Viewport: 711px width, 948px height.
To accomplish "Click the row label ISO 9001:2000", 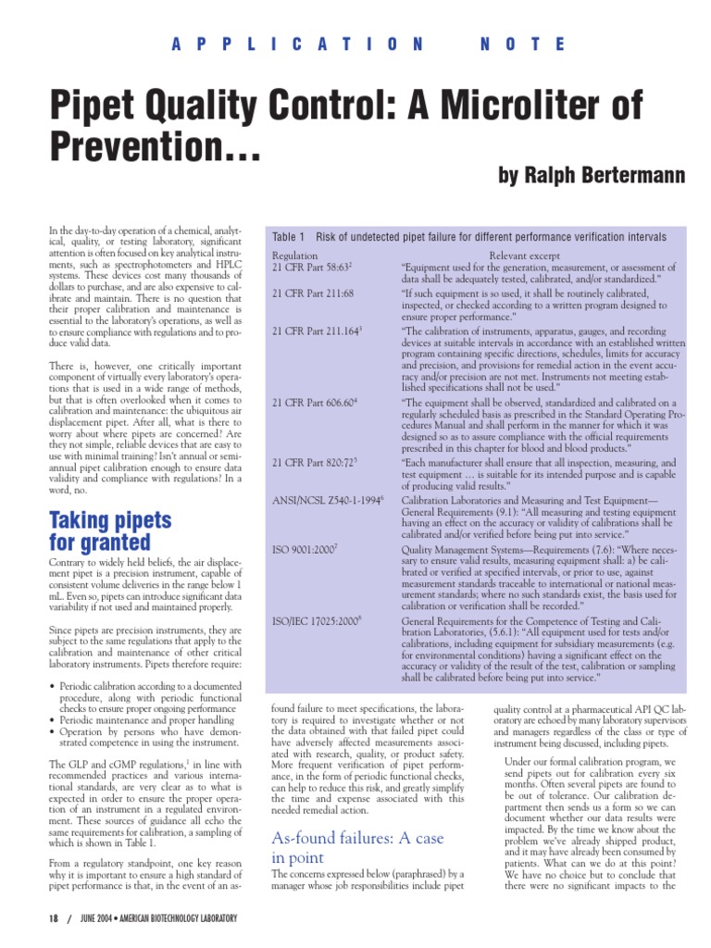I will (x=305, y=549).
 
